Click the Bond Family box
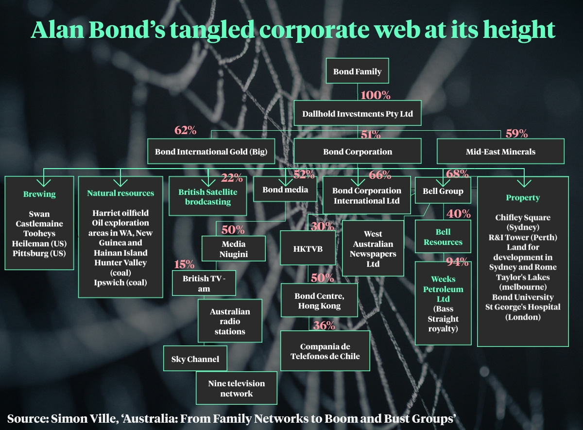(x=357, y=71)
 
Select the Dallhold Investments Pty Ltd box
(x=358, y=114)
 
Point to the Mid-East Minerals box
(x=500, y=152)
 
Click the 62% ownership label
(x=185, y=130)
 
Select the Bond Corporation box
(x=358, y=152)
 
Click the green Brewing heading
(x=39, y=194)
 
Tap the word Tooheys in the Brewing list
(x=39, y=234)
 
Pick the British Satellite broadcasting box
(x=208, y=197)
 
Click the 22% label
(x=231, y=178)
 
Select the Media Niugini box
(x=234, y=249)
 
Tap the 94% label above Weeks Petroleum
(x=457, y=262)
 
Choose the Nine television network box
(x=236, y=388)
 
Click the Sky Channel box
(x=195, y=360)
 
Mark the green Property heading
(x=523, y=198)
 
